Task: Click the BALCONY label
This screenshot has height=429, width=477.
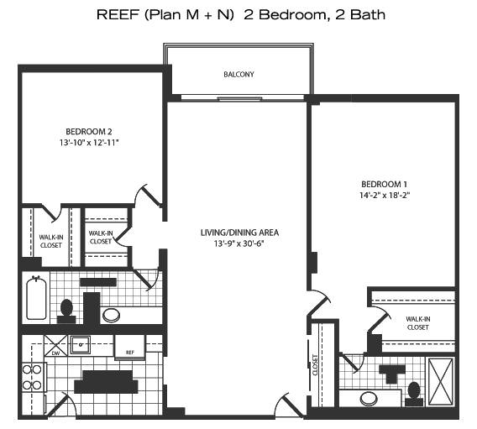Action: (x=238, y=74)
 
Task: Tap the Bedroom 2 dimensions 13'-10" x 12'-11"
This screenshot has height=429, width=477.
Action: (x=89, y=143)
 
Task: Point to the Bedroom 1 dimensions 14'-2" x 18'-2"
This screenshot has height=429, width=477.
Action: (x=385, y=195)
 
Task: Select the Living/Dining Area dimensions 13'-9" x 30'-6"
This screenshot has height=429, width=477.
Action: (x=238, y=243)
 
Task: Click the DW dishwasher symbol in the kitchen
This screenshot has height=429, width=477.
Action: (x=55, y=345)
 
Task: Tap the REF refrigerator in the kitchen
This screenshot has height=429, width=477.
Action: (x=130, y=348)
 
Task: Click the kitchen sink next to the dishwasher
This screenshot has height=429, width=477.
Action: (x=81, y=345)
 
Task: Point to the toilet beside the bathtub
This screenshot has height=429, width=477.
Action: (x=66, y=311)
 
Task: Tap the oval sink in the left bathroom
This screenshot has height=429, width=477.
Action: (x=111, y=315)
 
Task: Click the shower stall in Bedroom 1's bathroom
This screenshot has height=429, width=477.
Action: (x=441, y=382)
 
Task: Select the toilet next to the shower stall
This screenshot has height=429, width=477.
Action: (x=414, y=394)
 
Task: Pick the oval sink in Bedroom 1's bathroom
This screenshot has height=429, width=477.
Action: (x=369, y=399)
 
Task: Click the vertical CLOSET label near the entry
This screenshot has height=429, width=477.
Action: (x=315, y=365)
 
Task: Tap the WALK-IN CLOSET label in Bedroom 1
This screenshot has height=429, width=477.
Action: (x=418, y=323)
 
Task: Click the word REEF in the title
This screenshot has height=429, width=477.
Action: (x=118, y=14)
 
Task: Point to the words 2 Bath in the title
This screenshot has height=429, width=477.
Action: (x=360, y=14)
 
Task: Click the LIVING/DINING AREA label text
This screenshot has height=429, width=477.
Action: (x=239, y=233)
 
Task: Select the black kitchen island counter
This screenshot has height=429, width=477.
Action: (x=106, y=382)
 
